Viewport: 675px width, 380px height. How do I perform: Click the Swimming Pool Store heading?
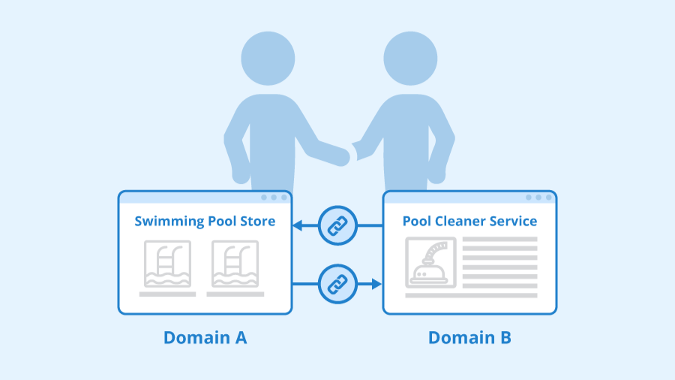204,221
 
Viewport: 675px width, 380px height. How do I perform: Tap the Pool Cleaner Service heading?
469,221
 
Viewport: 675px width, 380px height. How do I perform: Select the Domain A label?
205,338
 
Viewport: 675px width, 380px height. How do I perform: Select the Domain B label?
469,338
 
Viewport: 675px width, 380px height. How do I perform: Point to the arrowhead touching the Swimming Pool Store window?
298,225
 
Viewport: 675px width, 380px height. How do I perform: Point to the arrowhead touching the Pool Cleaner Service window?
376,284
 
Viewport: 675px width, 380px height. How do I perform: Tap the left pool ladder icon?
167,264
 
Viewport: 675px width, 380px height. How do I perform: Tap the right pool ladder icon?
235,264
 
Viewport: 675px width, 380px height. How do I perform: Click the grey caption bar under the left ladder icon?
167,294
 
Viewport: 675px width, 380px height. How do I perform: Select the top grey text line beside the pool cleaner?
499,240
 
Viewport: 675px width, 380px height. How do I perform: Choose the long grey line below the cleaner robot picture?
471,295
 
